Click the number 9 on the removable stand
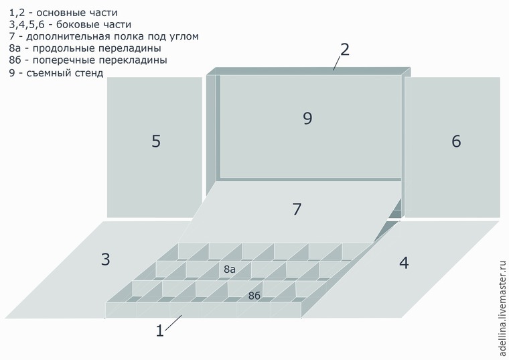(x=307, y=118)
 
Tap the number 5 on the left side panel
(x=156, y=141)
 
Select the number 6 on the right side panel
(x=456, y=141)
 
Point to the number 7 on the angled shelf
(x=297, y=209)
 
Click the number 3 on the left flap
(x=106, y=259)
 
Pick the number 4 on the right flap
(x=404, y=263)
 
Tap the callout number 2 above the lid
(x=345, y=50)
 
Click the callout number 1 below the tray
(x=159, y=331)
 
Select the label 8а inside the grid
(x=230, y=269)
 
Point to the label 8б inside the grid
(x=254, y=296)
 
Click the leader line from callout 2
(x=337, y=63)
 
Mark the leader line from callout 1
(x=173, y=322)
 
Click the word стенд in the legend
(x=88, y=73)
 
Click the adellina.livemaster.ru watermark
(x=502, y=308)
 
